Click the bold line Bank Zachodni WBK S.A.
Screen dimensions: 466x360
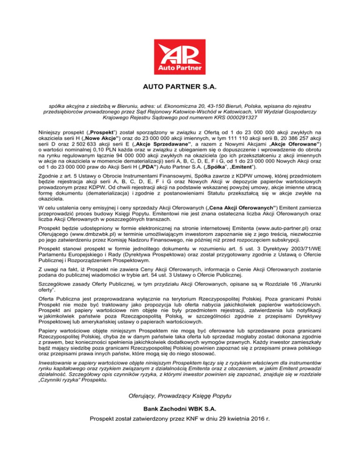click(180, 423)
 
